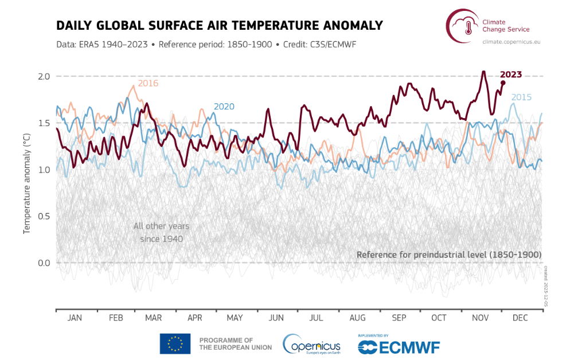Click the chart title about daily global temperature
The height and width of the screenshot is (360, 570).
coord(219,26)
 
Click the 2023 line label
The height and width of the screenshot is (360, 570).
coord(510,74)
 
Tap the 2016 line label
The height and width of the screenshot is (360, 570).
coord(148,83)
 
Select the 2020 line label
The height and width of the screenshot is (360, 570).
coord(224,107)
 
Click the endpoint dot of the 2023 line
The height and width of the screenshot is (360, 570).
coord(503,83)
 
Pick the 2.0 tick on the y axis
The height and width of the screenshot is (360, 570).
coord(44,76)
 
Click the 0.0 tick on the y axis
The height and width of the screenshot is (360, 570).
coord(44,263)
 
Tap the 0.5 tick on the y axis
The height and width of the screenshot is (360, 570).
coord(44,216)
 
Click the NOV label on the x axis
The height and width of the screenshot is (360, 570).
coord(479,317)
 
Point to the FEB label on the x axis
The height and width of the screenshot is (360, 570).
coord(116,317)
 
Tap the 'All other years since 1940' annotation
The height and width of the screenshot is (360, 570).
coord(161,232)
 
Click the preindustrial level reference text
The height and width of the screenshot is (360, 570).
coord(449,254)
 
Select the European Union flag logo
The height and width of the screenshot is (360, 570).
coord(175,343)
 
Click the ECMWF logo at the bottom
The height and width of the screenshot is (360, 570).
coord(399,346)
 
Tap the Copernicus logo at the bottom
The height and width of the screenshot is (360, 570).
coord(311,344)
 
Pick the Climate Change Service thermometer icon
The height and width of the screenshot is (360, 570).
coord(462,26)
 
